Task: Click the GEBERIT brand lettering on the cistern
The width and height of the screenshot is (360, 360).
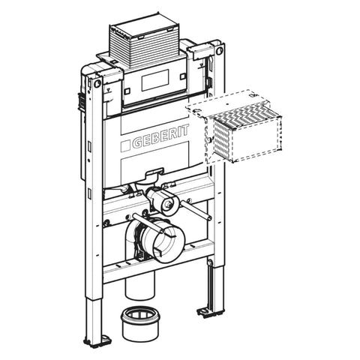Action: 160,138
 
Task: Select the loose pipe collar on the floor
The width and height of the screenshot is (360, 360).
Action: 139,325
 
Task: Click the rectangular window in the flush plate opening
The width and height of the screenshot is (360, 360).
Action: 155,80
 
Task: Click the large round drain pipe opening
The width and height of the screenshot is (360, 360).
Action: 163,241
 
